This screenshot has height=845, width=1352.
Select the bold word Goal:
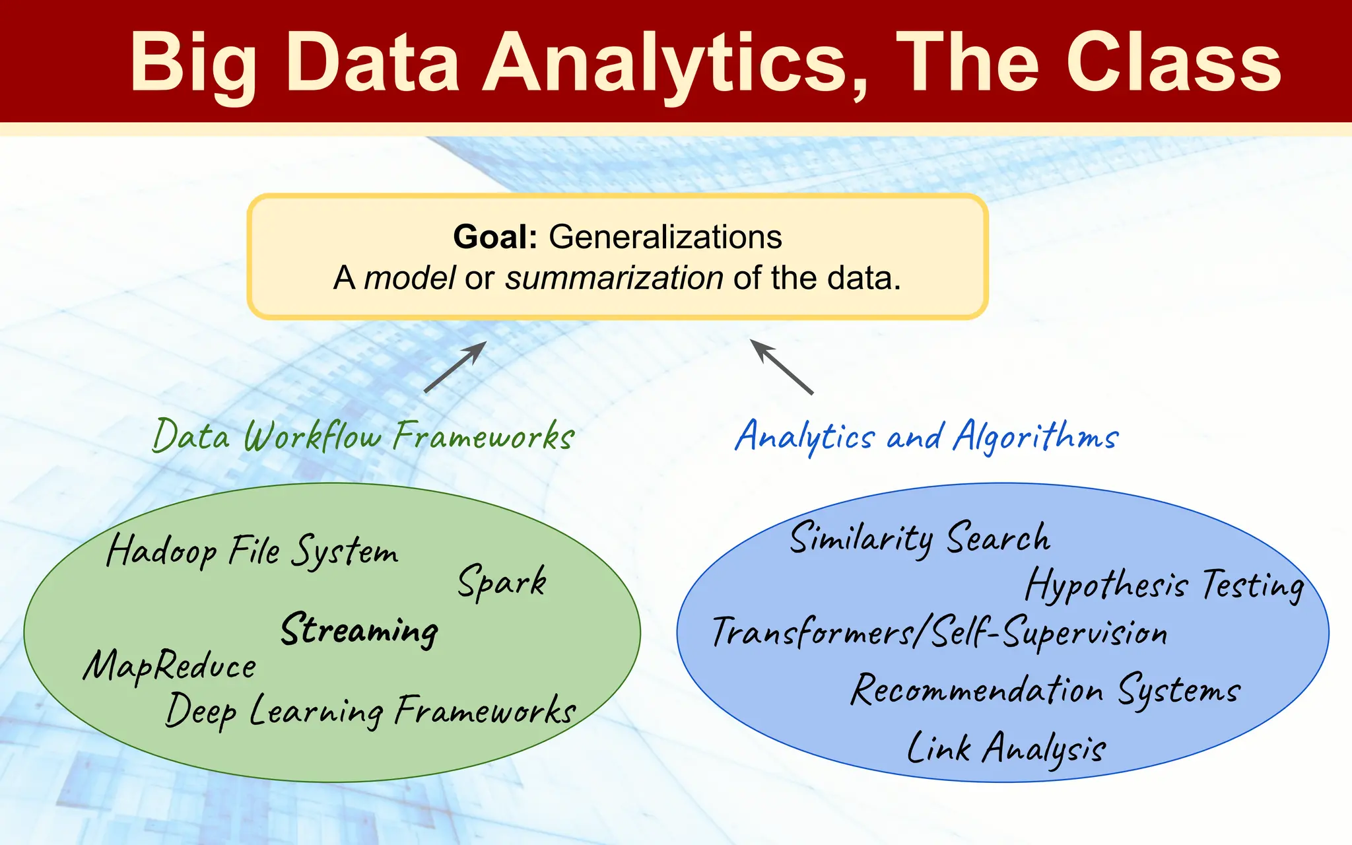pyautogui.click(x=495, y=236)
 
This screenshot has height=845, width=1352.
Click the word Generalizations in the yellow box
pyautogui.click(x=665, y=236)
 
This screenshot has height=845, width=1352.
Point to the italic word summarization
pyautogui.click(x=614, y=278)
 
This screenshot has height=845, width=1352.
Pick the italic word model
pyautogui.click(x=409, y=278)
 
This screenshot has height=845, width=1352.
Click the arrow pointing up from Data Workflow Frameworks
pyautogui.click(x=455, y=367)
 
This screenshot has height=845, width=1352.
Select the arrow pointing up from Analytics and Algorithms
pyautogui.click(x=782, y=367)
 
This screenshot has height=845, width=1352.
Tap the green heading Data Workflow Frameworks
pyautogui.click(x=363, y=436)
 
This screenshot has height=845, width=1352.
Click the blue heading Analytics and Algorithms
pyautogui.click(x=927, y=436)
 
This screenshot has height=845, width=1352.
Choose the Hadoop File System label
pyautogui.click(x=252, y=551)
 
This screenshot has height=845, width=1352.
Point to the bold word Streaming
pyautogui.click(x=360, y=629)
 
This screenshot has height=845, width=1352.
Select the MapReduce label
pyautogui.click(x=170, y=665)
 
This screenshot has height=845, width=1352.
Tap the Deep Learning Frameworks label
pyautogui.click(x=370, y=711)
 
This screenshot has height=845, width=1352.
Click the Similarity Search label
pyautogui.click(x=920, y=538)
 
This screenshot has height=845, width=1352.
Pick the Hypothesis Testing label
pyautogui.click(x=1165, y=585)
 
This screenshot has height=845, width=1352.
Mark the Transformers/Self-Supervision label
pyautogui.click(x=939, y=632)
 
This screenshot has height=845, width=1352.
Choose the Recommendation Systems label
pyautogui.click(x=1046, y=690)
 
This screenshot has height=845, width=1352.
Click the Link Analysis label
pyautogui.click(x=1006, y=749)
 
